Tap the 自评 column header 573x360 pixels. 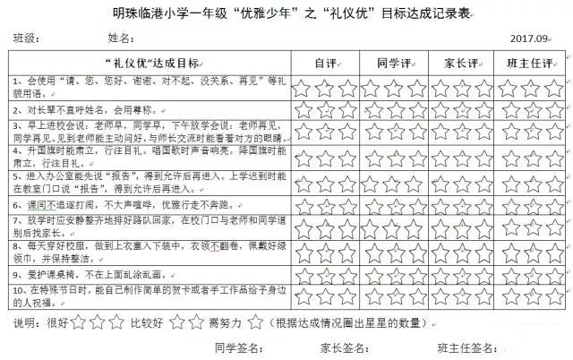tap(326, 64)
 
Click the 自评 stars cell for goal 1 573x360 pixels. tap(326, 88)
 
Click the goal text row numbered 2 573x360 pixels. tap(81, 110)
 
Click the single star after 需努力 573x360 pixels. tap(256, 321)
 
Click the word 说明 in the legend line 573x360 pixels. tap(26, 321)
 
